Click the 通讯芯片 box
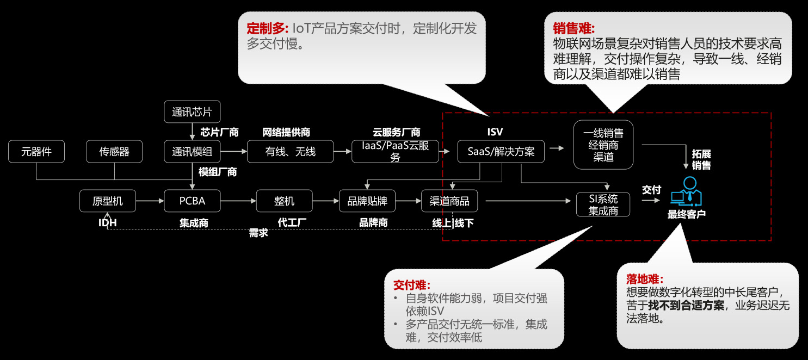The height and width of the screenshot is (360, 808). (x=192, y=113)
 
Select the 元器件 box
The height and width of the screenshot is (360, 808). (x=36, y=152)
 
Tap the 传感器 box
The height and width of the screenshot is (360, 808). (x=114, y=152)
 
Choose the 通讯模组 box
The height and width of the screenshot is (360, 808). (x=192, y=152)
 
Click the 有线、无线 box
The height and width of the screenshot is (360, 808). (x=290, y=152)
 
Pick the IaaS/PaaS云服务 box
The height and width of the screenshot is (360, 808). (x=395, y=152)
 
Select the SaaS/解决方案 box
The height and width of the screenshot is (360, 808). (x=501, y=152)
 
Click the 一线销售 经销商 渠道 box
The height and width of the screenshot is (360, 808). (x=603, y=145)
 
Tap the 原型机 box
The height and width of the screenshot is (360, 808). (x=107, y=201)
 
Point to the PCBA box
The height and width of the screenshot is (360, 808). (x=192, y=201)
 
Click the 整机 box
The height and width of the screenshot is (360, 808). (x=284, y=201)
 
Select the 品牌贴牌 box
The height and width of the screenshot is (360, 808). (x=367, y=201)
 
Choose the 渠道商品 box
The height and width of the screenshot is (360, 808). (x=449, y=201)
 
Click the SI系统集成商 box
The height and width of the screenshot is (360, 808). (x=603, y=205)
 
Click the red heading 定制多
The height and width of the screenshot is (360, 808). (x=267, y=28)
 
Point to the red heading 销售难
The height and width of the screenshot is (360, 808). (x=574, y=28)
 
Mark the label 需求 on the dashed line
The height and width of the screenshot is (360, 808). (x=258, y=233)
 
